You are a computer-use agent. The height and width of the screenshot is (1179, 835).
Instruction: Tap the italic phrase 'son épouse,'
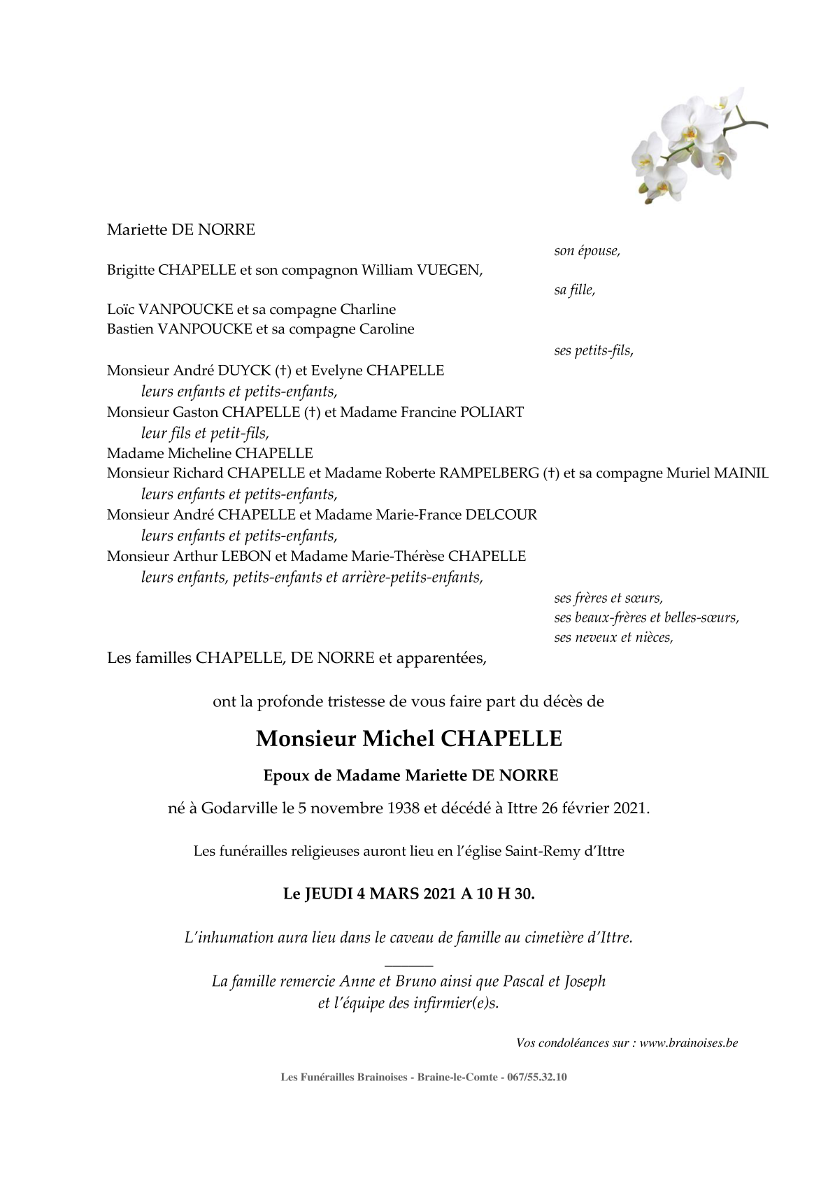[587, 251]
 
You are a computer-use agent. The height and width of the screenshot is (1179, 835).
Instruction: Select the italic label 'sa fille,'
[574, 290]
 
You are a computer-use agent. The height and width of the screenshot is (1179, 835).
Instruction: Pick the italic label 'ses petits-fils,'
[594, 351]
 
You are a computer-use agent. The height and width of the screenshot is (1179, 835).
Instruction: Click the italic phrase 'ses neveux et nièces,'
[613, 637]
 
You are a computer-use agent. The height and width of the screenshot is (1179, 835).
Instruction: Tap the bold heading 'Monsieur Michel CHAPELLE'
[409, 739]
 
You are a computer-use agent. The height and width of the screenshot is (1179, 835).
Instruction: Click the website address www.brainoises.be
[688, 1043]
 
